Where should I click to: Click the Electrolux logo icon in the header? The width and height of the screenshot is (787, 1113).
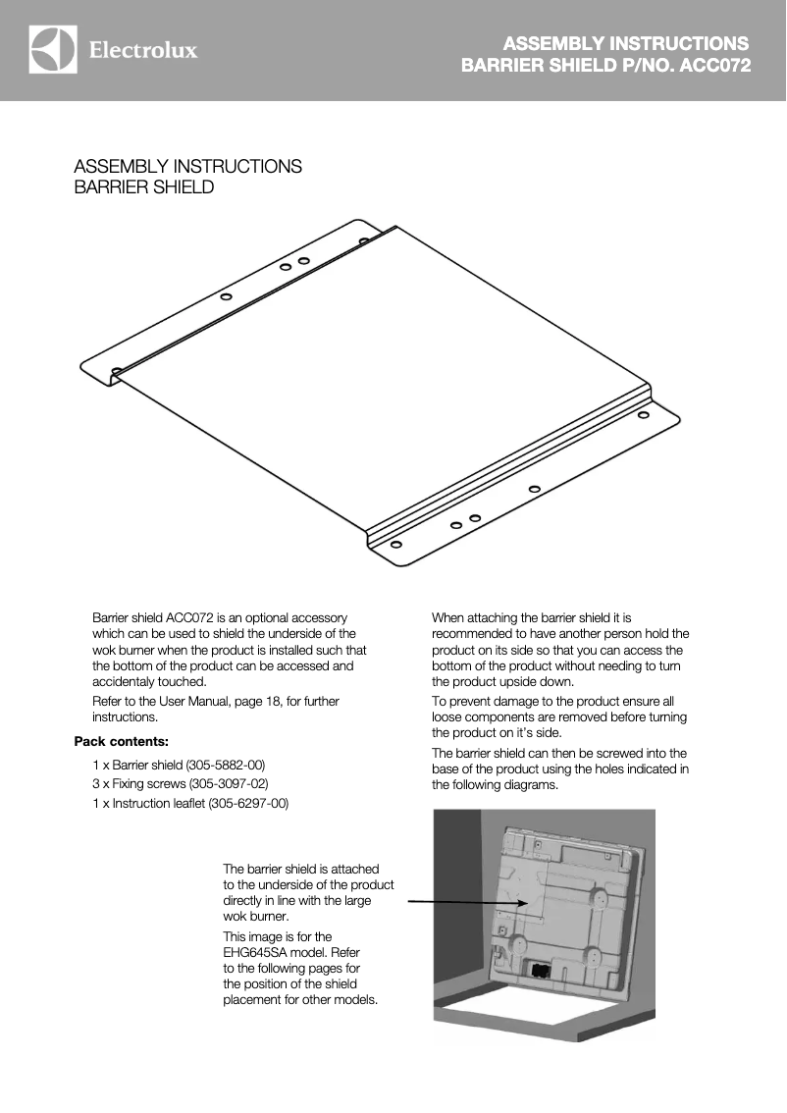pyautogui.click(x=53, y=50)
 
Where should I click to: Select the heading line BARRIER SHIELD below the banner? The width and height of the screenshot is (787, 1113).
pyautogui.click(x=143, y=187)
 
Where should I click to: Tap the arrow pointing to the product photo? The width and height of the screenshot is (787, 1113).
pyautogui.click(x=467, y=901)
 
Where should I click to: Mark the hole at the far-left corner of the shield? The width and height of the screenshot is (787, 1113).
pyautogui.click(x=117, y=371)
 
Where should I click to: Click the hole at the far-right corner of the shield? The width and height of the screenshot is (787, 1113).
pyautogui.click(x=643, y=415)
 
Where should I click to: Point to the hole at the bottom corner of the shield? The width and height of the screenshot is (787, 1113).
pyautogui.click(x=395, y=544)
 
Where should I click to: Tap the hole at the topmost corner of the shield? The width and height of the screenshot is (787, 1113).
pyautogui.click(x=363, y=240)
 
